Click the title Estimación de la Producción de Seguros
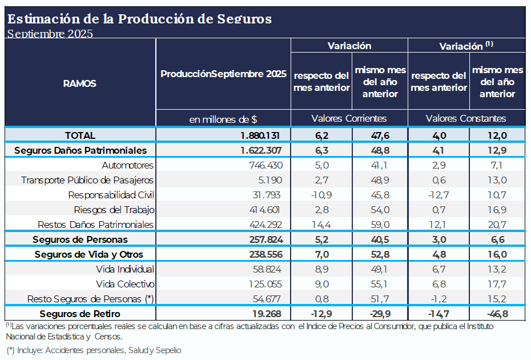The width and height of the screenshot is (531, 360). [139, 18]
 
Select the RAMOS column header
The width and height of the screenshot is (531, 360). [79, 83]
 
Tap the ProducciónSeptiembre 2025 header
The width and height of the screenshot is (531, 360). [223, 74]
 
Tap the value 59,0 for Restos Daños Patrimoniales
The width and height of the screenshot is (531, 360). [380, 225]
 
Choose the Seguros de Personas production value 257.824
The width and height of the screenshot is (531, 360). [264, 239]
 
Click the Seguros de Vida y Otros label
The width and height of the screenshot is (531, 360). [88, 254]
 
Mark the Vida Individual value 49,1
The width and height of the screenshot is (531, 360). [380, 269]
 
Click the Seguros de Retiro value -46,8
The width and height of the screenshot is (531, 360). [497, 314]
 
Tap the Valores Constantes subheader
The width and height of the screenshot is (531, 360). [466, 118]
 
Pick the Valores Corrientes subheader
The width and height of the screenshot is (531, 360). [349, 118]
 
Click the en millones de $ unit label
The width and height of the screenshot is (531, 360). [223, 119]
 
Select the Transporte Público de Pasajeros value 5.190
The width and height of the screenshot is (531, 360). [270, 180]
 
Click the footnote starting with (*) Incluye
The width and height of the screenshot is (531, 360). [94, 350]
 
